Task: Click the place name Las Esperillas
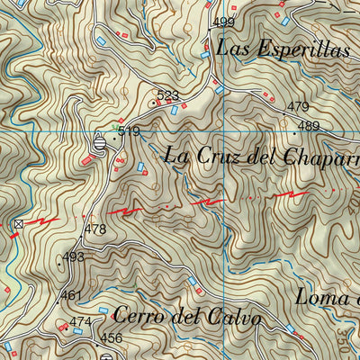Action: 282,49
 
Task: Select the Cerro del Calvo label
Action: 187,317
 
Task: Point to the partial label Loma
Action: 327,297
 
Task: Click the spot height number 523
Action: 167,94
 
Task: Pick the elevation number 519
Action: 129,132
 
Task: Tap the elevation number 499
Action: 224,22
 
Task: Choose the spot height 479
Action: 298,107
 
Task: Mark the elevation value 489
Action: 309,126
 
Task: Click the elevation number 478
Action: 95,229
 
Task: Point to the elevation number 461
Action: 71,295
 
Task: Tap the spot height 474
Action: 81,322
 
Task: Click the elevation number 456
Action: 111,338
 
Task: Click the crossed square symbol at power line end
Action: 19,222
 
